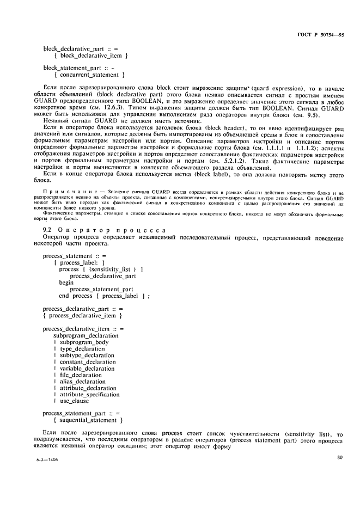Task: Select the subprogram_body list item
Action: (x=84, y=342)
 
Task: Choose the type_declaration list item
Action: (x=86, y=349)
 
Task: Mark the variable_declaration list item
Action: (x=89, y=369)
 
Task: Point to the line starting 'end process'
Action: (x=103, y=296)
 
